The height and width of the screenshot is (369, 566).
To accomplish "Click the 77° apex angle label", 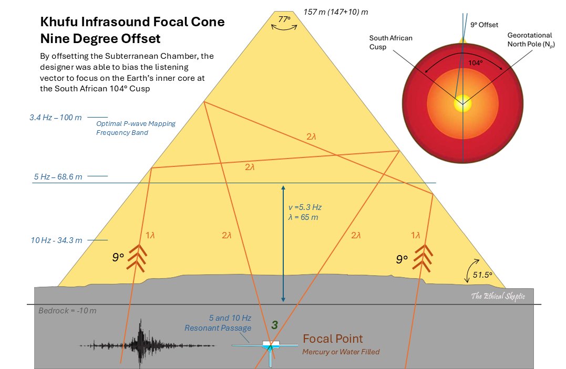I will pyautogui.click(x=284, y=19).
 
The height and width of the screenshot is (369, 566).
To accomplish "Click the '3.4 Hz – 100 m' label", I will pyautogui.click(x=55, y=117).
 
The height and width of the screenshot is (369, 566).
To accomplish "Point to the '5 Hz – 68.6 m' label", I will pyautogui.click(x=58, y=177).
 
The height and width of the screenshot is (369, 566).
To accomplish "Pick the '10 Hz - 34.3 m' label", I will pyautogui.click(x=57, y=240).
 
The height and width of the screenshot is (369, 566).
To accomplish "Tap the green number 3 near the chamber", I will pyautogui.click(x=274, y=325).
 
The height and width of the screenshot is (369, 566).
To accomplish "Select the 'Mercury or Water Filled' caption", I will pyautogui.click(x=341, y=352).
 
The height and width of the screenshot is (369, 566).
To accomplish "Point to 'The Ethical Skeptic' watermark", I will pyautogui.click(x=498, y=297).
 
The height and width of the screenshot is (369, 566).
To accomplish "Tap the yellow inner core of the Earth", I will pyautogui.click(x=462, y=102).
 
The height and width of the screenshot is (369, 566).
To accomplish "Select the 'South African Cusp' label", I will pyautogui.click(x=390, y=43).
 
